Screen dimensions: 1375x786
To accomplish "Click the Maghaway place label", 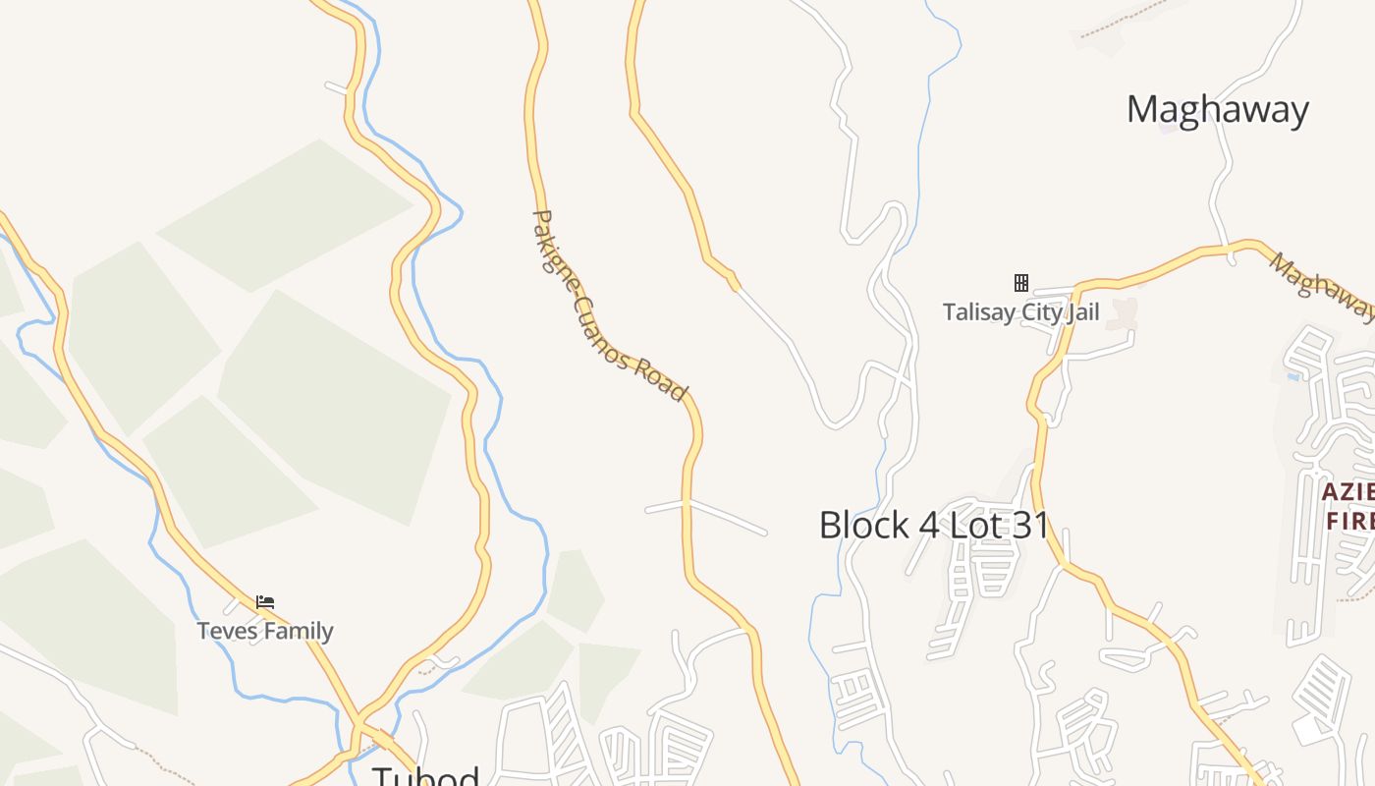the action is pos(1217,109).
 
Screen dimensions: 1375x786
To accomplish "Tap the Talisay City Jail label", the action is pos(1020,312).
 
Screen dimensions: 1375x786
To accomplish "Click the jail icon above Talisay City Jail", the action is pos(1021,283).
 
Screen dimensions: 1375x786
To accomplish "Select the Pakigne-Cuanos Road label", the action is pos(608,306).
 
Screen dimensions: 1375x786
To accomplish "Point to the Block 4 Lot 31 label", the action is pos(934,525).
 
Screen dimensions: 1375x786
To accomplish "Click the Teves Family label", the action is pos(265,631).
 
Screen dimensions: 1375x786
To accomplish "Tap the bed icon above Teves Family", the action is pos(265,602).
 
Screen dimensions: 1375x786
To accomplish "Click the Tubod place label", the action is pos(425,776).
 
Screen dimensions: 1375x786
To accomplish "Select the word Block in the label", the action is pos(864,525).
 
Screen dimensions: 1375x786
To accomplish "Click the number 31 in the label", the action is pos(1030,525).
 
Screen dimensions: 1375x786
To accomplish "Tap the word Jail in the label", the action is pos(1078,312).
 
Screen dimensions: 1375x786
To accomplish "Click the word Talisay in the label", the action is pos(975,312).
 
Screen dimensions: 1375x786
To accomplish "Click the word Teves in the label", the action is pos(226,631).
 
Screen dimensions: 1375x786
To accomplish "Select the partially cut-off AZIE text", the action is pos(1347,491).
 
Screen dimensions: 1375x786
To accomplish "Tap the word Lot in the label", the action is pos(977,525).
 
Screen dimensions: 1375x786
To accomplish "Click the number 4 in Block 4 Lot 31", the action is pos(929,525).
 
